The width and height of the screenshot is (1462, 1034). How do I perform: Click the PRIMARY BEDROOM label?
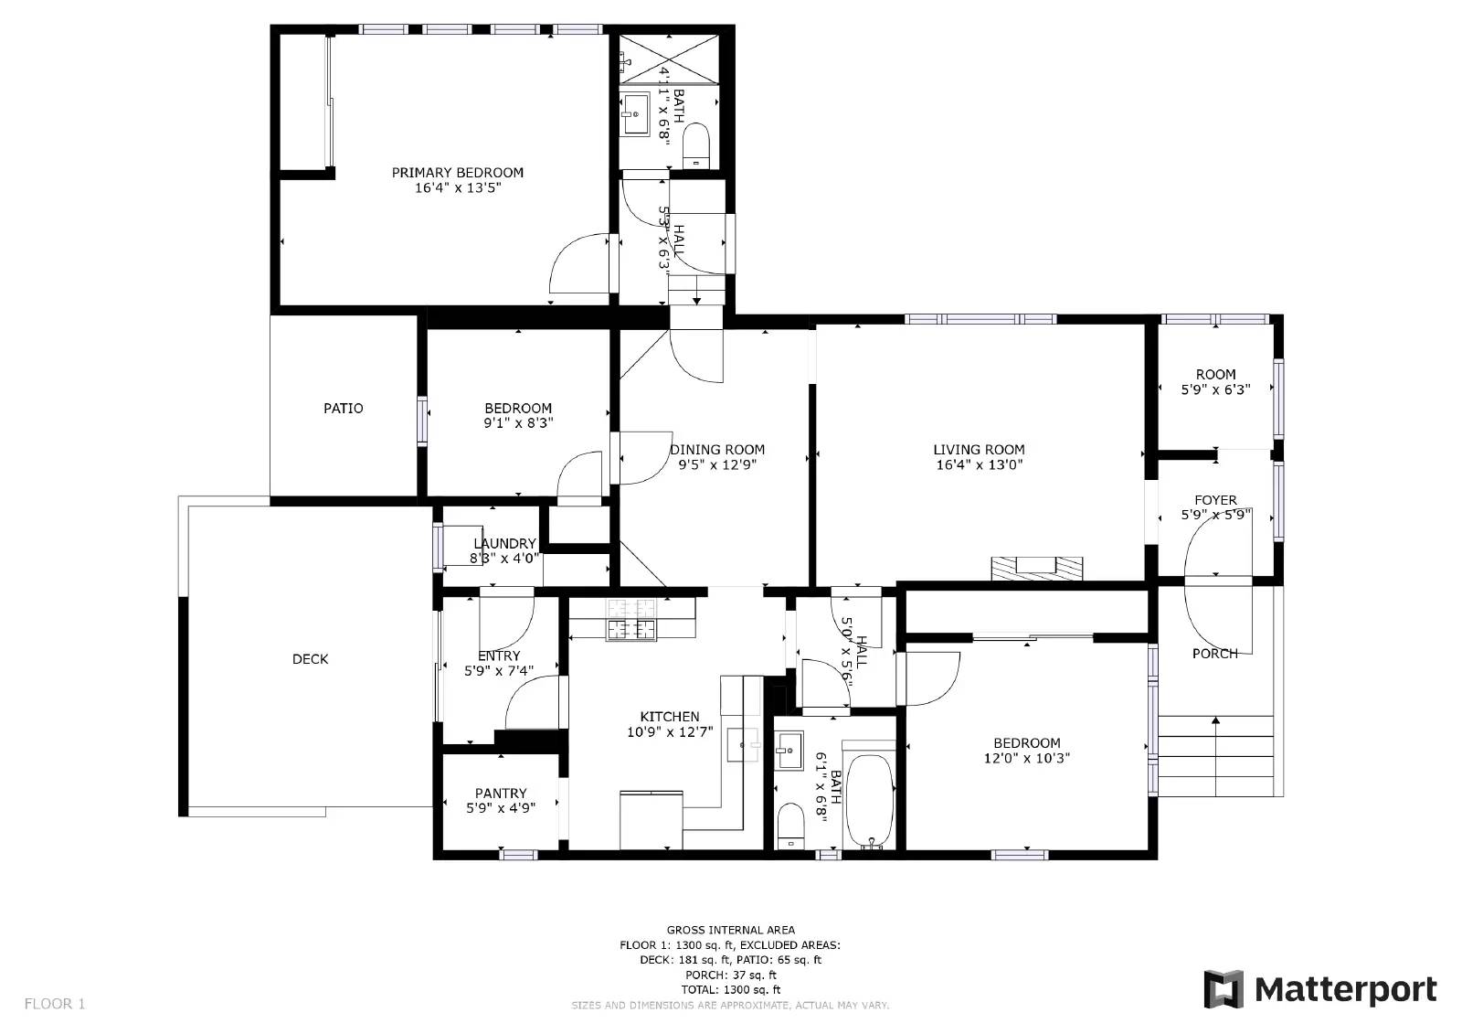457,173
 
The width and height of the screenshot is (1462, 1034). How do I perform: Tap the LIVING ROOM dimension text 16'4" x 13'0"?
978,464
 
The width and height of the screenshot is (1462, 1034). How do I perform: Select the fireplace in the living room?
1037,567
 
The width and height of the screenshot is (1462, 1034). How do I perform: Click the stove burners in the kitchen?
631,618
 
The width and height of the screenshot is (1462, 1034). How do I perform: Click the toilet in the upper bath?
696,145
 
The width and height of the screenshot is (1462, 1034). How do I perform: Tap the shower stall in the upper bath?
669,58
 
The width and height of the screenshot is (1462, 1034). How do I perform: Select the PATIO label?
343,409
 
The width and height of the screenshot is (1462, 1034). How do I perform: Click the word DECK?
310,659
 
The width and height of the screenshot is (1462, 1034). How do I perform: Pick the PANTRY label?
501,794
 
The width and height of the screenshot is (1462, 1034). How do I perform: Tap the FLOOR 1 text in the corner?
55,1004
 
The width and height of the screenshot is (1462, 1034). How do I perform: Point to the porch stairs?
1215,756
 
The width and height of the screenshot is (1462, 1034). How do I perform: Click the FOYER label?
1215,500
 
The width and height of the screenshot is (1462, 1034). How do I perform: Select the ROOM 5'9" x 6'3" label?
1215,381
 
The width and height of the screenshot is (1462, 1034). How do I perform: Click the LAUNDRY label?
504,544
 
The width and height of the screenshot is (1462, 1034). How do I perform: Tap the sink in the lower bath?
788,752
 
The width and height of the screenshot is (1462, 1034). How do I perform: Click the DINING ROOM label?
717,450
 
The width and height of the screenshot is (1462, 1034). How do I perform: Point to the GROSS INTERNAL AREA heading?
730,931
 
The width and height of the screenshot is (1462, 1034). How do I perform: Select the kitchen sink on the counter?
743,745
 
